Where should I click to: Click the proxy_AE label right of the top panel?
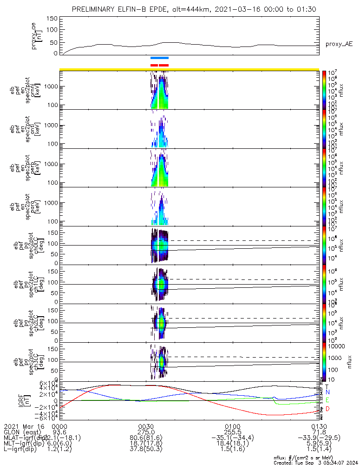pyautogui.click(x=339, y=44)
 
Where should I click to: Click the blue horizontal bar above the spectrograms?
pyautogui.click(x=159, y=58)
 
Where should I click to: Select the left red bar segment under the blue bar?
pyautogui.click(x=154, y=65)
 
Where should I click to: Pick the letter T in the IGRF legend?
pyautogui.click(x=327, y=386)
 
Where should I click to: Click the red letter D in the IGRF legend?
pyautogui.click(x=327, y=409)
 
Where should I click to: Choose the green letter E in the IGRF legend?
pyautogui.click(x=327, y=400)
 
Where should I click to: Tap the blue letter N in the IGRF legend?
pyautogui.click(x=327, y=393)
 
